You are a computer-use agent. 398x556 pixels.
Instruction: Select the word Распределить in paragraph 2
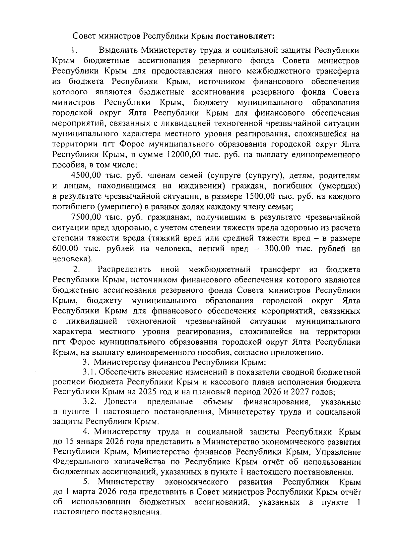point(125,269)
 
